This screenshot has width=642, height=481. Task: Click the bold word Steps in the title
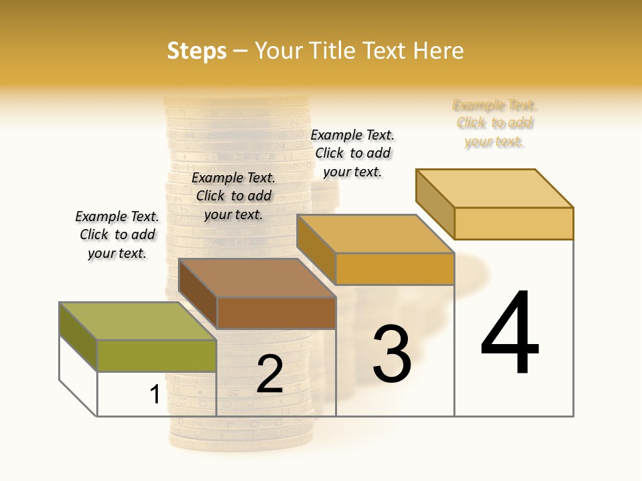(x=197, y=51)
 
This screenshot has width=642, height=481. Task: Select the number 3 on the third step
(x=392, y=354)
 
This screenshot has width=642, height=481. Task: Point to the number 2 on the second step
(x=270, y=374)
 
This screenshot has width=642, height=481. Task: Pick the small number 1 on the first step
(x=154, y=395)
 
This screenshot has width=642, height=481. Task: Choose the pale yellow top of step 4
(x=495, y=188)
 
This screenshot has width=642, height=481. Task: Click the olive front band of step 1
(x=156, y=355)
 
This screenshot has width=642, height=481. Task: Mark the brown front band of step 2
(x=276, y=313)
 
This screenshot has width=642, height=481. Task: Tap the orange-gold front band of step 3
(x=395, y=269)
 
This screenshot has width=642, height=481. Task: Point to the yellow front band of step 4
(x=514, y=223)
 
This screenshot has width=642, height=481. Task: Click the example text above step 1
(x=117, y=234)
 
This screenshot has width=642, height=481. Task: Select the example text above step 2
(x=233, y=196)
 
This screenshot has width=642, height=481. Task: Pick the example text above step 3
(x=352, y=153)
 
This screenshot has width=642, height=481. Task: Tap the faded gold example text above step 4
(x=495, y=123)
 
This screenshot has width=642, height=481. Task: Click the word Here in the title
(x=439, y=51)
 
